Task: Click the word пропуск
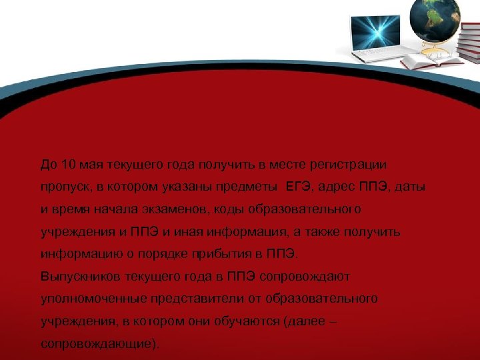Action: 64,187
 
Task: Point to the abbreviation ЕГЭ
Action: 299,187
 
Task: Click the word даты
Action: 409,187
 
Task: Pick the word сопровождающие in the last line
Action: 99,345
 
